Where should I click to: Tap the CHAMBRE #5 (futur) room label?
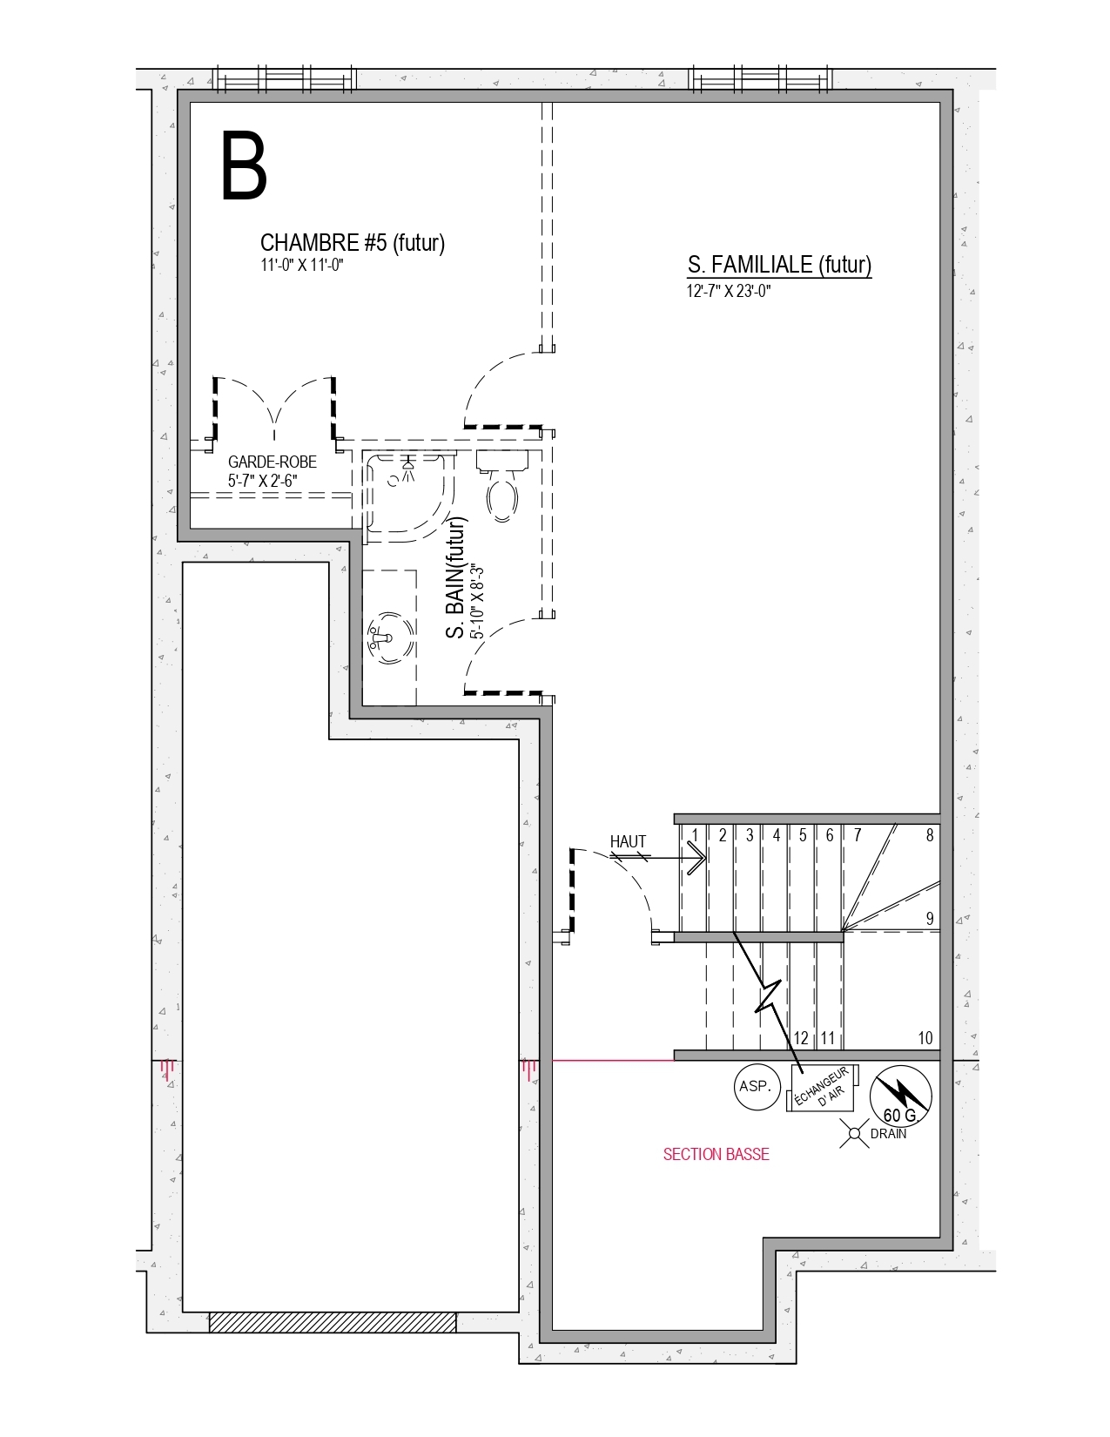click(353, 243)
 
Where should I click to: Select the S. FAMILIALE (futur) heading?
click(779, 265)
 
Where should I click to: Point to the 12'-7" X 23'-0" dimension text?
click(729, 291)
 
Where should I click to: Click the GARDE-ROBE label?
click(272, 462)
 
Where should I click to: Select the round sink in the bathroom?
click(391, 638)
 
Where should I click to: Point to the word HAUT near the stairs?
click(628, 841)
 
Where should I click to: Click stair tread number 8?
click(930, 835)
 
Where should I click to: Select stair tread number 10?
click(925, 1037)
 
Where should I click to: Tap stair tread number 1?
click(695, 835)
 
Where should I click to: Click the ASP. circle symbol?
click(757, 1087)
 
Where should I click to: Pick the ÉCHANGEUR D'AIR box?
click(823, 1088)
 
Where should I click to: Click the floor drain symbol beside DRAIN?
click(854, 1133)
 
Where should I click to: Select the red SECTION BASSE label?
click(716, 1154)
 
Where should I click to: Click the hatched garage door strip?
click(333, 1322)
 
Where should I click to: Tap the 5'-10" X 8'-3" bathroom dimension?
click(477, 601)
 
